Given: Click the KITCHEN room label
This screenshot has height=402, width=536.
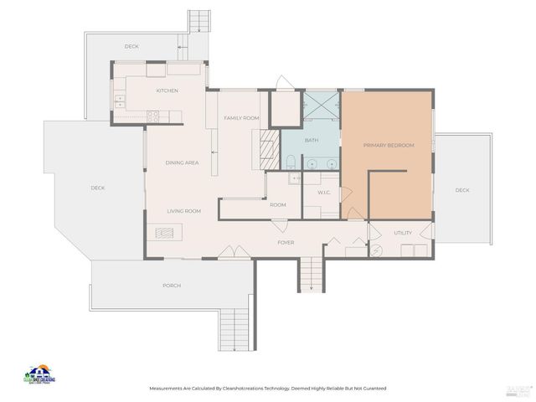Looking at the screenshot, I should (x=167, y=90).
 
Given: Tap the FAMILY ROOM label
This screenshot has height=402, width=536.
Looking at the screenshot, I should (x=240, y=118).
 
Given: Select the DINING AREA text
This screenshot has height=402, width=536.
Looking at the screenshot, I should (x=182, y=162).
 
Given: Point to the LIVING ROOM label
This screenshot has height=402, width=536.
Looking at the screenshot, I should (x=183, y=211).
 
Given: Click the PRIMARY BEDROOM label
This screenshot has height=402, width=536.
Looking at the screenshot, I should (x=389, y=146).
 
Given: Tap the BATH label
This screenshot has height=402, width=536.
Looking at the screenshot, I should (x=312, y=140).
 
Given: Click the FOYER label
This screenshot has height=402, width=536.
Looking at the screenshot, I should (x=286, y=243).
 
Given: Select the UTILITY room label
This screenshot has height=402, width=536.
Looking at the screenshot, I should (x=403, y=233).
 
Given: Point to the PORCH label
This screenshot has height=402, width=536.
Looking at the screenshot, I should (x=172, y=286).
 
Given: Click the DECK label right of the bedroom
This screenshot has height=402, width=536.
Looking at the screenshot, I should (x=462, y=190).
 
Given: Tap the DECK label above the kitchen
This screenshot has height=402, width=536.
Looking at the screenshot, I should (x=131, y=46).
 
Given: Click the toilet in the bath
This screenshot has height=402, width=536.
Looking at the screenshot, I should (x=291, y=161).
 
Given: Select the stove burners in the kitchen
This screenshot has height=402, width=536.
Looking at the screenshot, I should (x=153, y=116).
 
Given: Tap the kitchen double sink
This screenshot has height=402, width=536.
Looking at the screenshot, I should (x=120, y=100).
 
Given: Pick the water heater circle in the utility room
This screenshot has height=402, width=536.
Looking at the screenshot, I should (x=376, y=250).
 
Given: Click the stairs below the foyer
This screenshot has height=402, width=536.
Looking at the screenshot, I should (x=311, y=275).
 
